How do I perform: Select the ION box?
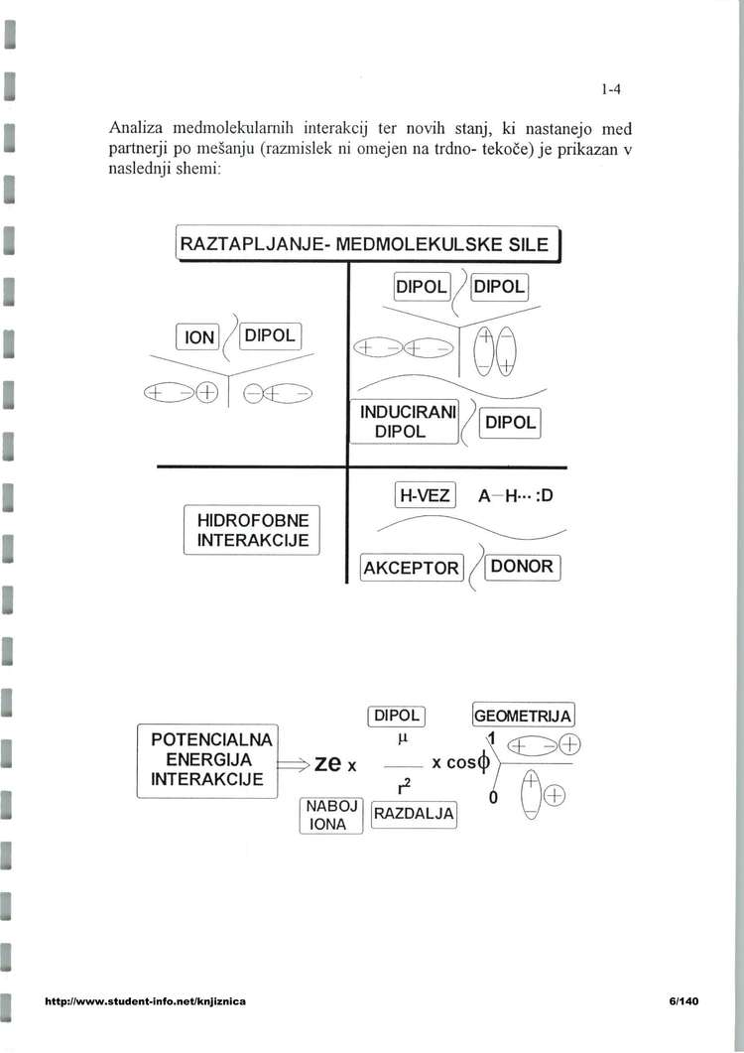pos(200,337)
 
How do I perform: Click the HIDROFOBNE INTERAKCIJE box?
pos(253,530)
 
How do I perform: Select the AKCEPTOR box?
pos(412,568)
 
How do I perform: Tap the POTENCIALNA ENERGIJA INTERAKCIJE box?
pos(207,759)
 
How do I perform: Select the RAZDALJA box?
pos(413,815)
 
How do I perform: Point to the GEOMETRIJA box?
pos(524,716)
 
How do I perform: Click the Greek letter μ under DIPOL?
pos(402,739)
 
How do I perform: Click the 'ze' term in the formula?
pos(328,763)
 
